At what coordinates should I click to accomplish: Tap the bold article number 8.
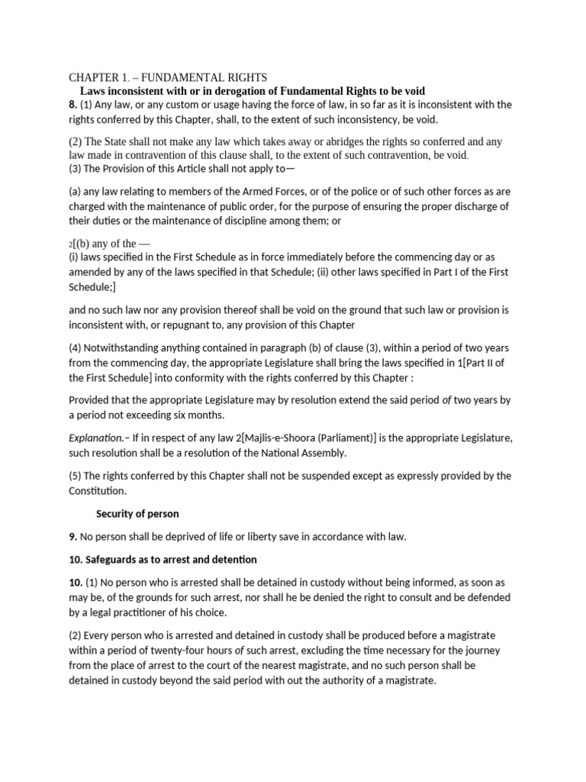pos(73,105)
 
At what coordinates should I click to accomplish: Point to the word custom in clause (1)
pos(158,105)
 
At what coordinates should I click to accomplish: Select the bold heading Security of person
pos(137,513)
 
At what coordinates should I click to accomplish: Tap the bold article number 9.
pos(73,537)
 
